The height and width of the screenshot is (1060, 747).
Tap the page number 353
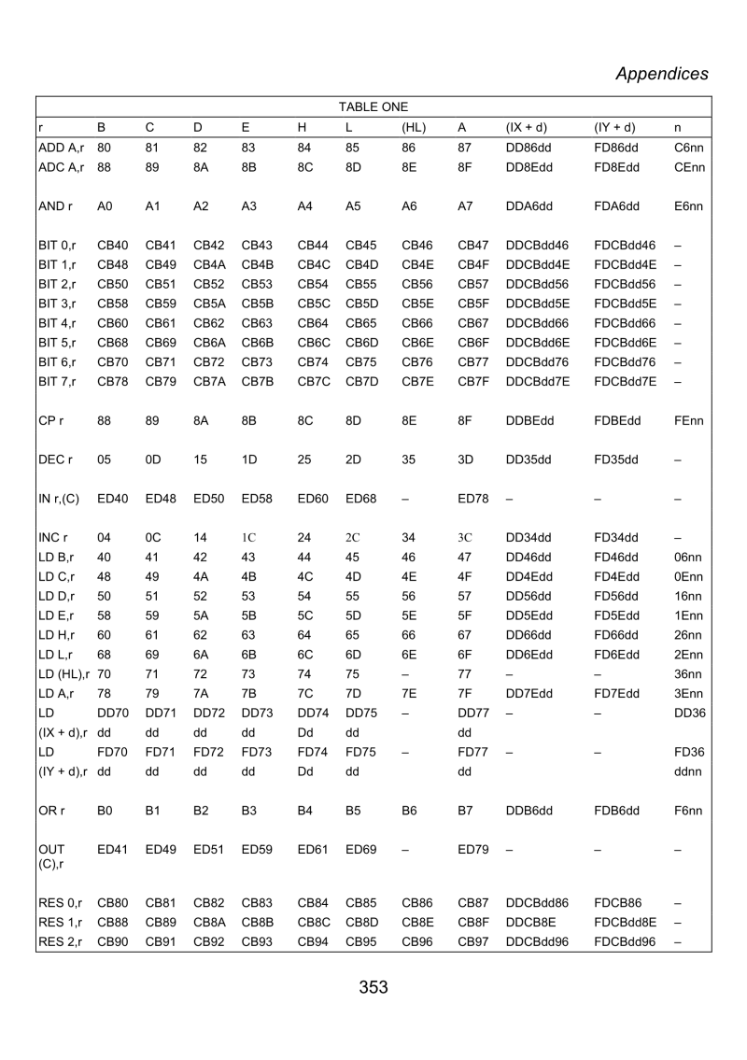[x=373, y=987]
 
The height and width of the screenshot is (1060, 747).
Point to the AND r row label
[x=57, y=205]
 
